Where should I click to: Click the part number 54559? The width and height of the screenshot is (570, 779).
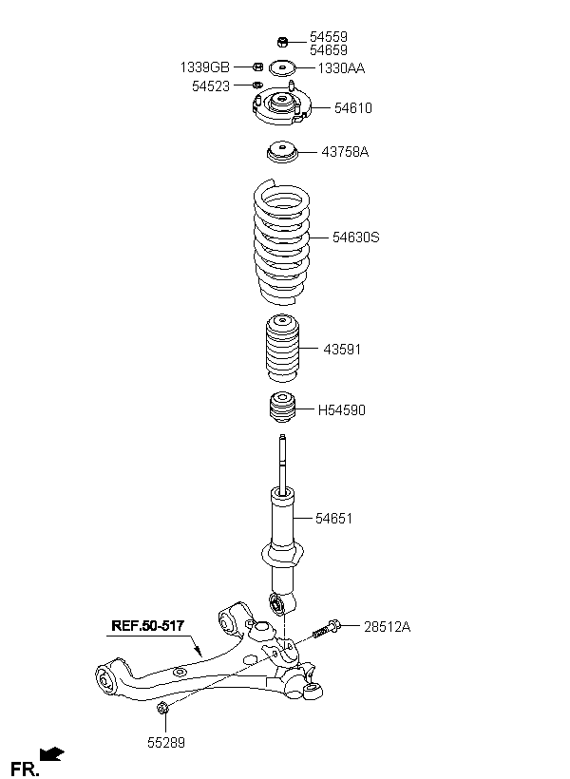329,37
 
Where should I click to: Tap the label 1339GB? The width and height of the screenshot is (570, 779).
205,67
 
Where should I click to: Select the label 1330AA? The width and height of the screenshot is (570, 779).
341,68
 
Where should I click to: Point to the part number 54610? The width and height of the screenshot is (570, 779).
352,107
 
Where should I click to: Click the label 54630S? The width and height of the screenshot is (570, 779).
356,237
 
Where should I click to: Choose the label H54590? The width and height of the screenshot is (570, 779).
342,409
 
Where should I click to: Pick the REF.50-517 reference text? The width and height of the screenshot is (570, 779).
147,625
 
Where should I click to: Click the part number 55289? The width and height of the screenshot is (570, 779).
166,743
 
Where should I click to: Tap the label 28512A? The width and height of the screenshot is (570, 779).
387,627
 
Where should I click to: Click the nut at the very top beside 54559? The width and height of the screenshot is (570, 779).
282,42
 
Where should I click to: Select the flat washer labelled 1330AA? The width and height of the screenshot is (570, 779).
282,68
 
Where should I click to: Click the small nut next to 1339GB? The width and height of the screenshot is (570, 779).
257,66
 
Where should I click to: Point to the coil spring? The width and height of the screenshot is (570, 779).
282,242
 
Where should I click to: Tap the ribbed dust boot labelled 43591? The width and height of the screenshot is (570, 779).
282,349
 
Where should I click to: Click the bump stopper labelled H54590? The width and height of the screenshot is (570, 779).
282,408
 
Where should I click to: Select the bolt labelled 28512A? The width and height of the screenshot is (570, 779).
327,629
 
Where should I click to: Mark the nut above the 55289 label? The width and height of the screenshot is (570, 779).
162,708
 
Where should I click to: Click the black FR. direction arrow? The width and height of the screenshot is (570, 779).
51,753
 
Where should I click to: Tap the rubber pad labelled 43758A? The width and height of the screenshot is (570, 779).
282,152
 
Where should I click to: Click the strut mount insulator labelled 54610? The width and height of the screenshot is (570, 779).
282,105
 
